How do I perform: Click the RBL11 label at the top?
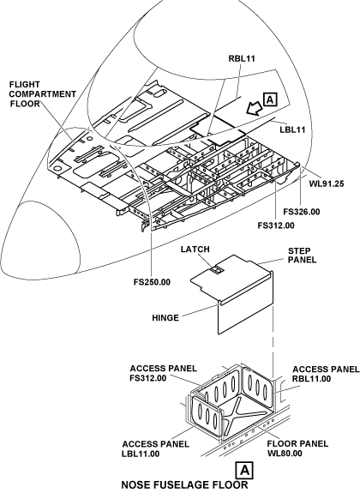[x=242, y=58]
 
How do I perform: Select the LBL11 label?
[x=292, y=129]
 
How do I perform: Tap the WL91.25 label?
[x=327, y=183]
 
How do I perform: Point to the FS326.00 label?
[x=302, y=212]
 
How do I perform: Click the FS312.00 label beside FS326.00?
[x=276, y=225]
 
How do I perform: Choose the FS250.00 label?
[x=152, y=282]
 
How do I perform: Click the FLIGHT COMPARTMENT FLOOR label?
[x=43, y=94]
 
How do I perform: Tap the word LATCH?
[x=195, y=249]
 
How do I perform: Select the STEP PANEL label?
[x=303, y=256]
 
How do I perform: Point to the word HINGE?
[x=165, y=318]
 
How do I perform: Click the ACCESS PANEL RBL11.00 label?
[x=326, y=374]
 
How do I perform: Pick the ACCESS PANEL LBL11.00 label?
[x=156, y=448]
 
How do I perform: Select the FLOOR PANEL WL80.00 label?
[x=297, y=448]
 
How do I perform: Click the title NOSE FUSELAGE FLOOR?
[x=184, y=484]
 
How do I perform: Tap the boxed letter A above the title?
[x=244, y=471]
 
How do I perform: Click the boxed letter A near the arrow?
[x=270, y=99]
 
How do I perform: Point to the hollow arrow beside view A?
[x=255, y=109]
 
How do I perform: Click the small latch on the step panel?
[x=216, y=270]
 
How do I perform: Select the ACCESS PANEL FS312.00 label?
[x=164, y=373]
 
